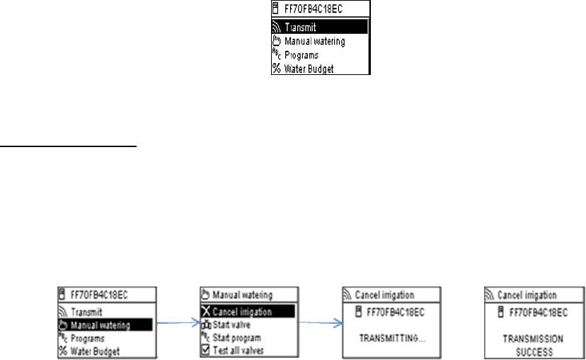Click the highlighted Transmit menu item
[320, 27]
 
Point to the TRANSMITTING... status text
[390, 339]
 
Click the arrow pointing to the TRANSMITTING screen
[321, 325]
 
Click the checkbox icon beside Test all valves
[206, 350]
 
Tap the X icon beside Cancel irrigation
[206, 312]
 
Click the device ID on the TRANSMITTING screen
[396, 312]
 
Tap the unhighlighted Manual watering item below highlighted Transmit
[314, 41]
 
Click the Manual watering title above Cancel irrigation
[242, 295]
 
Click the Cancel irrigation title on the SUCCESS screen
[527, 295]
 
